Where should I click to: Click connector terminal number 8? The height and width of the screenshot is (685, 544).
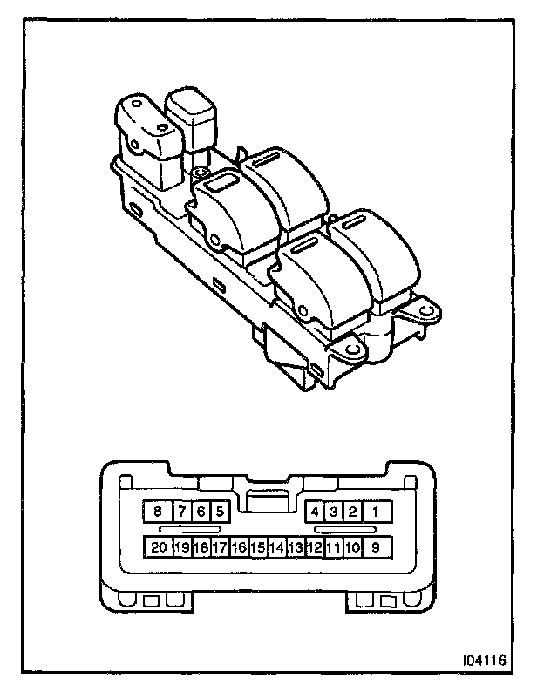point(158,512)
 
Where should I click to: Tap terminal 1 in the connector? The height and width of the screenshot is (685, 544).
point(376,512)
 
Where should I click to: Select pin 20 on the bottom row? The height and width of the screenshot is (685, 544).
point(158,547)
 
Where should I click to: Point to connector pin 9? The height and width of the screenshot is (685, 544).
point(376,547)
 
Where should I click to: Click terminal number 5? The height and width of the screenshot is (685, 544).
point(220,512)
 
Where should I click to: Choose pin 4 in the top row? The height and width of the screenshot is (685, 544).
point(315,512)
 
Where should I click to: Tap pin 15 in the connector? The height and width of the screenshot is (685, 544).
point(257,547)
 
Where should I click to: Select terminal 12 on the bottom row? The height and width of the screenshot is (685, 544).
point(315,547)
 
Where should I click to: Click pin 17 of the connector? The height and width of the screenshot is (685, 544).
point(220,547)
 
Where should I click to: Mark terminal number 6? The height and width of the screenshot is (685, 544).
point(200,512)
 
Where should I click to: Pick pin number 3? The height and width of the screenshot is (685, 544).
point(334,512)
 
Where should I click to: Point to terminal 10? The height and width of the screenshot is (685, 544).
point(353,547)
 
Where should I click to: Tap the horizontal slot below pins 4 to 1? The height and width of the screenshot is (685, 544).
point(346,529)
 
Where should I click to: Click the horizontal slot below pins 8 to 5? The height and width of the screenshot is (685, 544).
point(190,529)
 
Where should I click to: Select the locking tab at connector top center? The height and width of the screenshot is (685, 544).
point(266,496)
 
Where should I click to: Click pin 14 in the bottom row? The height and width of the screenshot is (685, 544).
point(277,547)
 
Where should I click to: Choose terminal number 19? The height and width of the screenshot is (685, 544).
point(181,547)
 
